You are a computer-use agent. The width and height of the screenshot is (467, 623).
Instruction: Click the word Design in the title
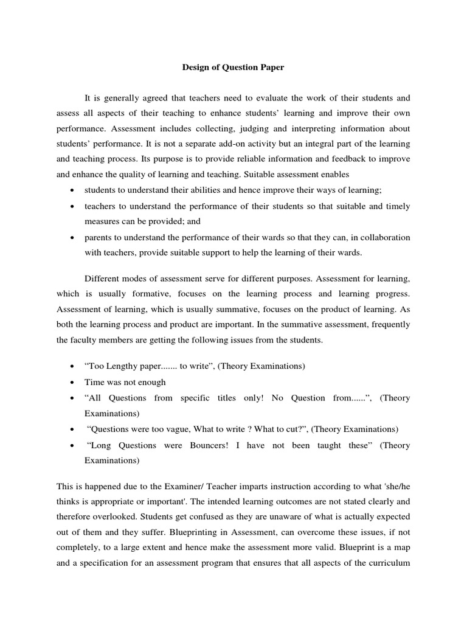coord(196,68)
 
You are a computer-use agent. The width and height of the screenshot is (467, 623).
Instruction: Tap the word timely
coord(395,206)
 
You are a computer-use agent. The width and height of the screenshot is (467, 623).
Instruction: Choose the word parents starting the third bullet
coord(98,237)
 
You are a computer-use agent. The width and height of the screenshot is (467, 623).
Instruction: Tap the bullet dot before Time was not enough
coord(72,382)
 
